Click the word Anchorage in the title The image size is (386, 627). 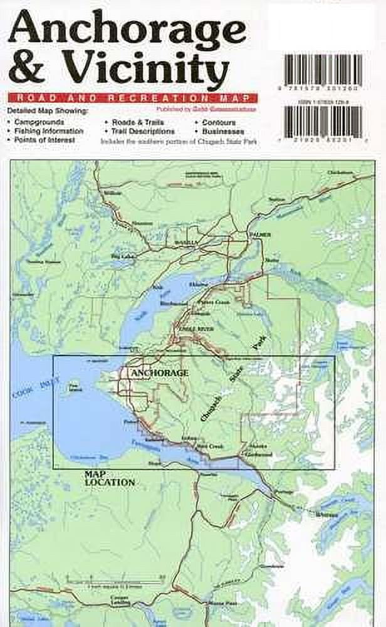128,26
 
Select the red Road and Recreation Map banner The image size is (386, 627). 133,98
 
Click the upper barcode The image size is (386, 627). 323,71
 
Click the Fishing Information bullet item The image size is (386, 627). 49,131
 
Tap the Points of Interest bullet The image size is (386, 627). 44,140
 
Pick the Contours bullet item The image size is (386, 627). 219,122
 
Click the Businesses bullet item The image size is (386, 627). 222,131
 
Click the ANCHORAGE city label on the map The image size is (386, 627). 159,373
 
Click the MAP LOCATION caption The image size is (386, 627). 110,478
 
